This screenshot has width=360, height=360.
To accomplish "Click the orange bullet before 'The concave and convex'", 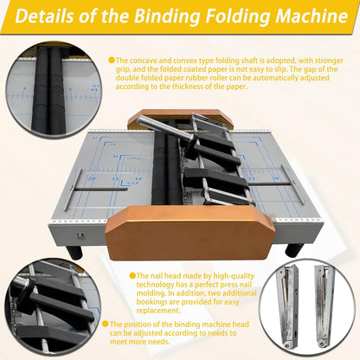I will coord(111,60).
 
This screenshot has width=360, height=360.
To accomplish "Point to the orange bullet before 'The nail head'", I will coord(133,276).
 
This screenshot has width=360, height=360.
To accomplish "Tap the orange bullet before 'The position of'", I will coord(106,325).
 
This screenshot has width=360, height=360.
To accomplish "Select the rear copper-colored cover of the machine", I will coord(177,118).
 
